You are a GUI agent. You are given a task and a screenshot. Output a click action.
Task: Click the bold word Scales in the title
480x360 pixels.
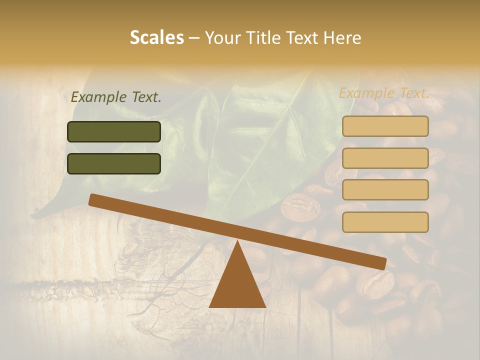[x=157, y=37]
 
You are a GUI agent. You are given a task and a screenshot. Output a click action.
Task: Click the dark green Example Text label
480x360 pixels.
[x=116, y=97]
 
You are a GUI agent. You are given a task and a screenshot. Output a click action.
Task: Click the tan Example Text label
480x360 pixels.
[x=384, y=93]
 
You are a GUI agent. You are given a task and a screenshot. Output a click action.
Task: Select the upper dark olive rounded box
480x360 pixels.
[x=114, y=131]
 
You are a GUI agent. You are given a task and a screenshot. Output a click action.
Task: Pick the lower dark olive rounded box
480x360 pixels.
[x=114, y=163]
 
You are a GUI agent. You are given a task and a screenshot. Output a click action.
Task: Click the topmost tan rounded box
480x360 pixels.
[x=385, y=126]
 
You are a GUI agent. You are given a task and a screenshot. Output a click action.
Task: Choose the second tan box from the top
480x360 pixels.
[x=385, y=158]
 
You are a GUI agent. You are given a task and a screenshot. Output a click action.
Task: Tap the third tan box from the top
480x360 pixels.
[x=385, y=189]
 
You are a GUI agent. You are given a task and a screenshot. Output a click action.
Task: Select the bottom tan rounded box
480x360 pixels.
[x=385, y=222]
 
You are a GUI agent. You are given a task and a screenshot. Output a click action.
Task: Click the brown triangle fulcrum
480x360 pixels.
[x=237, y=282]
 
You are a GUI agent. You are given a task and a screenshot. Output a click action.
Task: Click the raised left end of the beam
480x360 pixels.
[x=93, y=199]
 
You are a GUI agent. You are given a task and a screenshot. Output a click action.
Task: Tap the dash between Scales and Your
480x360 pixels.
[x=194, y=38]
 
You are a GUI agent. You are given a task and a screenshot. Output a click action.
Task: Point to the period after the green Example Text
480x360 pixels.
[x=159, y=101]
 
